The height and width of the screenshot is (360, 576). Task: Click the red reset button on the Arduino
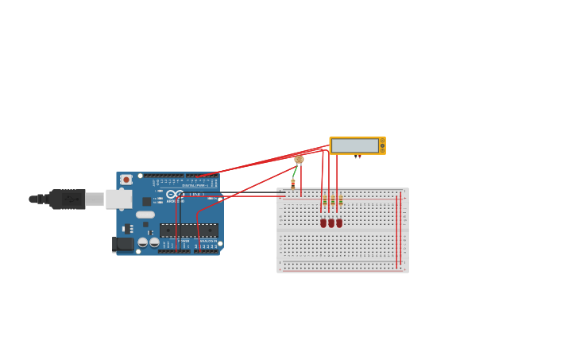pyautogui.click(x=126, y=180)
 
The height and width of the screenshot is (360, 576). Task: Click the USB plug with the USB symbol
pyautogui.click(x=68, y=199)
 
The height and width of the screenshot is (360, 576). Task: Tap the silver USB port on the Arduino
pyautogui.click(x=118, y=199)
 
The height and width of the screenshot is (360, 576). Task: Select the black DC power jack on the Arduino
pyautogui.click(x=123, y=244)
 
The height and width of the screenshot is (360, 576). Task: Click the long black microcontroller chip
pyautogui.click(x=188, y=230)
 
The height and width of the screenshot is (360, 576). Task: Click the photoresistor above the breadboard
pyautogui.click(x=299, y=160)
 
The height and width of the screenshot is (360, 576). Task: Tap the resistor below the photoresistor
pyautogui.click(x=293, y=184)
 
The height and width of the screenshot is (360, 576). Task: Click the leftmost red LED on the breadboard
pyautogui.click(x=323, y=223)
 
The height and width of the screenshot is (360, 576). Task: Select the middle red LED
pyautogui.click(x=331, y=223)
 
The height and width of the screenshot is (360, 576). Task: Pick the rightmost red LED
pyautogui.click(x=339, y=223)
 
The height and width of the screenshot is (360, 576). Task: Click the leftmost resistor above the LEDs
pyautogui.click(x=324, y=201)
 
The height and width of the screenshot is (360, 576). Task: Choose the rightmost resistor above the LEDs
pyautogui.click(x=340, y=201)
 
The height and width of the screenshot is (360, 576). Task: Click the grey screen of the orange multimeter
pyautogui.click(x=354, y=145)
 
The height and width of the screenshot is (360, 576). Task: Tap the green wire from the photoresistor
pyautogui.click(x=295, y=171)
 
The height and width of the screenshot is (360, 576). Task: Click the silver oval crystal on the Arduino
pyautogui.click(x=145, y=215)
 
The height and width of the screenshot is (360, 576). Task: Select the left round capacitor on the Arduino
pyautogui.click(x=143, y=242)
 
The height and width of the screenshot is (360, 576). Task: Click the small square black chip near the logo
pyautogui.click(x=147, y=201)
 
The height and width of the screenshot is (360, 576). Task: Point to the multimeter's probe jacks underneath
pyautogui.click(x=358, y=157)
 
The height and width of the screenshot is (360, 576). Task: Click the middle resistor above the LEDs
pyautogui.click(x=332, y=201)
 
